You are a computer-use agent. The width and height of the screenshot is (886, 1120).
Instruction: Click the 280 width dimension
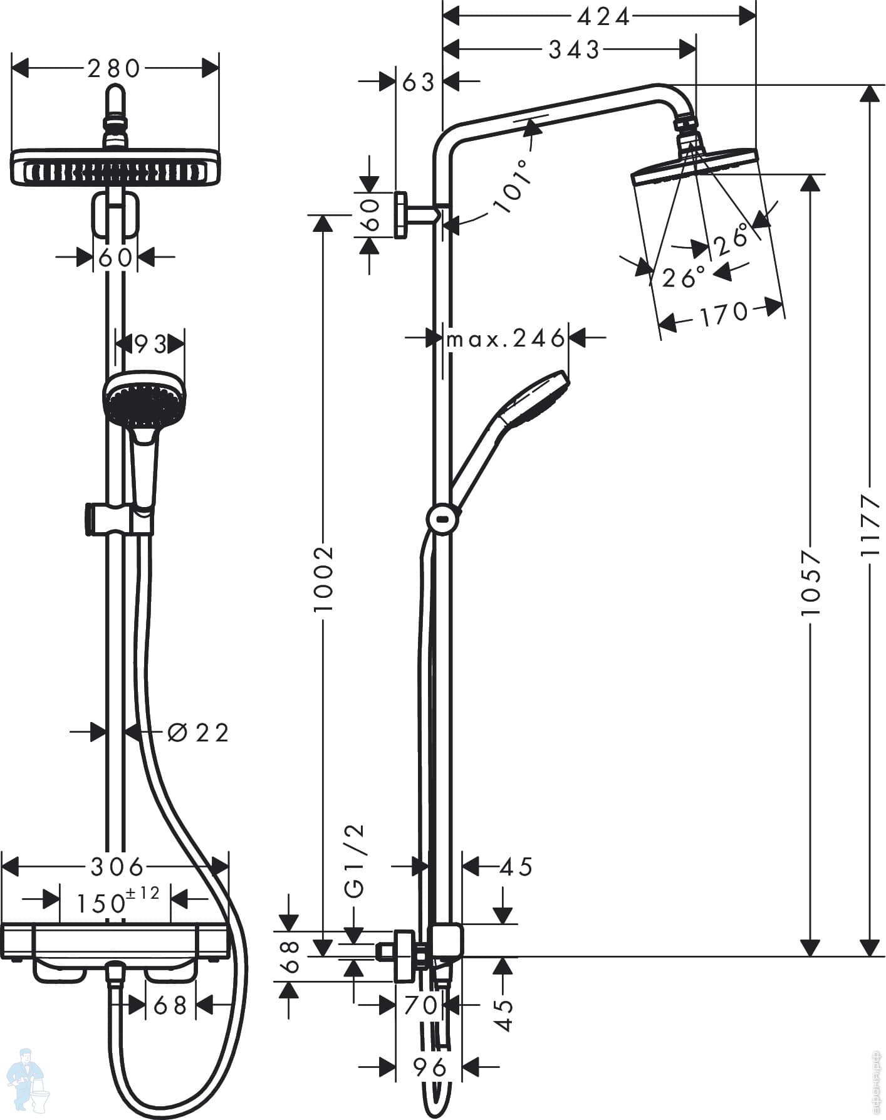114,68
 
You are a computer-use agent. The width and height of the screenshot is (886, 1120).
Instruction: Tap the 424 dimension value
603,17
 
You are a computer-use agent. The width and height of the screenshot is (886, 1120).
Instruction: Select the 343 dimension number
574,50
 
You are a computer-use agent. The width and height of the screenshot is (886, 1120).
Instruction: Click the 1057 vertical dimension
811,583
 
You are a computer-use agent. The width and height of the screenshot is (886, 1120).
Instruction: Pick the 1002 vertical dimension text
323,579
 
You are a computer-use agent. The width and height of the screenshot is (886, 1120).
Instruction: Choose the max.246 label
505,339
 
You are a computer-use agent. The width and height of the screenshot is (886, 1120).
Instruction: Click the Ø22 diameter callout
199,732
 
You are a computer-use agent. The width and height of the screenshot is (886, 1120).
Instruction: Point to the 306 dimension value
117,867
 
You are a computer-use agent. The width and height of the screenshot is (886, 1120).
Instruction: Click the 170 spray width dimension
724,313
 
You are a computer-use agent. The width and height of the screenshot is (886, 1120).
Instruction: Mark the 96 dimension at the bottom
429,1067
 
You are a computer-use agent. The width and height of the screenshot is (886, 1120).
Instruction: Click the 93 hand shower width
151,344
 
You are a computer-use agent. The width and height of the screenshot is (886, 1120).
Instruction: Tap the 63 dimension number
418,81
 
